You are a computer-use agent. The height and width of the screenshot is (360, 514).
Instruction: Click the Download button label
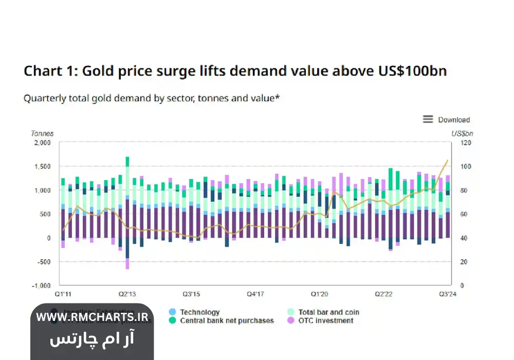[453, 120]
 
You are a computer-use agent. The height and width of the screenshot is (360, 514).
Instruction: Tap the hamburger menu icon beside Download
[428, 119]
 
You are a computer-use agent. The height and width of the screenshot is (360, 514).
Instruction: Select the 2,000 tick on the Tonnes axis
[42, 143]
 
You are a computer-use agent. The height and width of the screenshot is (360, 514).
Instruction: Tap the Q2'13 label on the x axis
[127, 295]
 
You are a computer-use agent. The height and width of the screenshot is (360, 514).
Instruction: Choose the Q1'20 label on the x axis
[319, 295]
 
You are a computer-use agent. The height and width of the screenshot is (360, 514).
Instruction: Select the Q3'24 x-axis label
[448, 295]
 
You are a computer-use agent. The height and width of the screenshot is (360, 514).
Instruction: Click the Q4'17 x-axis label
[255, 295]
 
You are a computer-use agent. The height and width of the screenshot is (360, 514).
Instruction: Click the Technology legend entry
[199, 312]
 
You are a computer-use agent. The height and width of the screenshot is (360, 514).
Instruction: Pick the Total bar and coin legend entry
[328, 312]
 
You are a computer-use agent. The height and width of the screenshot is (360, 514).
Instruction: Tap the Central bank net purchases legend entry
[227, 321]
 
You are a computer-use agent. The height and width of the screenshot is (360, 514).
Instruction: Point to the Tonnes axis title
[42, 134]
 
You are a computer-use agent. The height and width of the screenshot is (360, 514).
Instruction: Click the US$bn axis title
[462, 134]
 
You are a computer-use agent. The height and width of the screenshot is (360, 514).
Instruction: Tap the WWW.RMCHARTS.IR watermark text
[92, 318]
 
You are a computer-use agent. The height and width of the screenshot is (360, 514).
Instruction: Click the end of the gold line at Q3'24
[448, 160]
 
